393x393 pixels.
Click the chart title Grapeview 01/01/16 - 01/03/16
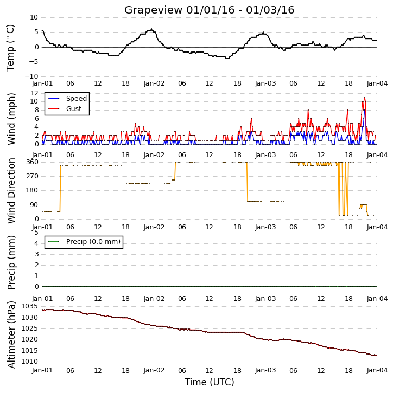pyautogui.click(x=209, y=10)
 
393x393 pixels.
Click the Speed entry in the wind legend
pyautogui.click(x=77, y=99)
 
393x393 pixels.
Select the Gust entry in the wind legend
pyautogui.click(x=74, y=109)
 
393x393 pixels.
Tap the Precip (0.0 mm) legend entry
pyautogui.click(x=93, y=242)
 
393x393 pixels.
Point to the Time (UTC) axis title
pyautogui.click(x=210, y=382)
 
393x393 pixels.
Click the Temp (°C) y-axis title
pyautogui.click(x=10, y=48)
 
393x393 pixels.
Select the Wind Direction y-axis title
pyautogui.click(x=11, y=191)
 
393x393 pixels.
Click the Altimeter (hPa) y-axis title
pyautogui.click(x=11, y=334)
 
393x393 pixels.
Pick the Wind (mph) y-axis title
pyautogui.click(x=11, y=119)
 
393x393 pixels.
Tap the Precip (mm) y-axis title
pyautogui.click(x=11, y=262)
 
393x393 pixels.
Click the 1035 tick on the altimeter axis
pyautogui.click(x=30, y=306)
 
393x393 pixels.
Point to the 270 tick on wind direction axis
pyautogui.click(x=33, y=176)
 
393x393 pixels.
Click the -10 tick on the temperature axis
pyautogui.click(x=31, y=76)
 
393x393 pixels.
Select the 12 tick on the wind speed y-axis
pyautogui.click(x=34, y=93)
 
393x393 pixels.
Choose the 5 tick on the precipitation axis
pyautogui.click(x=36, y=233)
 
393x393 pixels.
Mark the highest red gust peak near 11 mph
pyautogui.click(x=365, y=98)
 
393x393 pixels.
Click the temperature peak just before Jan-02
pyautogui.click(x=151, y=29)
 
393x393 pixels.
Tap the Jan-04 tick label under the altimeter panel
pyautogui.click(x=377, y=370)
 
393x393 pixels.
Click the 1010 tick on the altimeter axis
pyautogui.click(x=30, y=362)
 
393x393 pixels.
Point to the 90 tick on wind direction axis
pyautogui.click(x=34, y=205)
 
